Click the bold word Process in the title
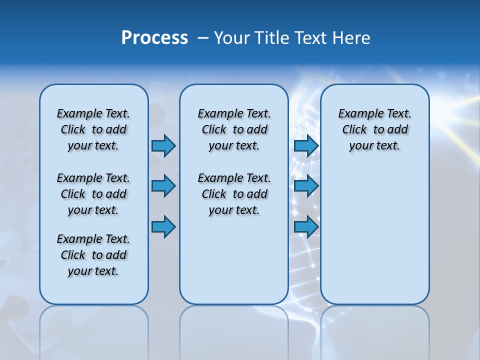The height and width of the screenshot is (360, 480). (x=154, y=38)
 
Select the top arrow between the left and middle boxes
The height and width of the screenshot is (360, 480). (x=163, y=146)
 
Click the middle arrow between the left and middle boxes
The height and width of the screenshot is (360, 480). (x=163, y=186)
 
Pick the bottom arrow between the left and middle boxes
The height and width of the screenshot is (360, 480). (x=163, y=227)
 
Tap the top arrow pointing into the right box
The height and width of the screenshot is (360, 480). (x=306, y=146)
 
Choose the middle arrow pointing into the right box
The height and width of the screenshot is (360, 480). (x=306, y=186)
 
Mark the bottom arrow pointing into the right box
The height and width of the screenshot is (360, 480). (x=306, y=227)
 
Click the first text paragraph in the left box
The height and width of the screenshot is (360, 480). (x=93, y=129)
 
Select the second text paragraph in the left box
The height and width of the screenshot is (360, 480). (x=93, y=194)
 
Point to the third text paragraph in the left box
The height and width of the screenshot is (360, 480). (x=93, y=255)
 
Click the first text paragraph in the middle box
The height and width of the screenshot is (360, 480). (x=234, y=129)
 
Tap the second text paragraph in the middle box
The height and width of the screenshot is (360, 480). (x=234, y=194)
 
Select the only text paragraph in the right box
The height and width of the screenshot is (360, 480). (x=374, y=129)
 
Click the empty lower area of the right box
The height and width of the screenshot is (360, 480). (x=374, y=235)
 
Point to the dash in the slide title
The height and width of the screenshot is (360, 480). (x=203, y=38)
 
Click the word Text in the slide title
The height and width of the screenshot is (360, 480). (x=311, y=38)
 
